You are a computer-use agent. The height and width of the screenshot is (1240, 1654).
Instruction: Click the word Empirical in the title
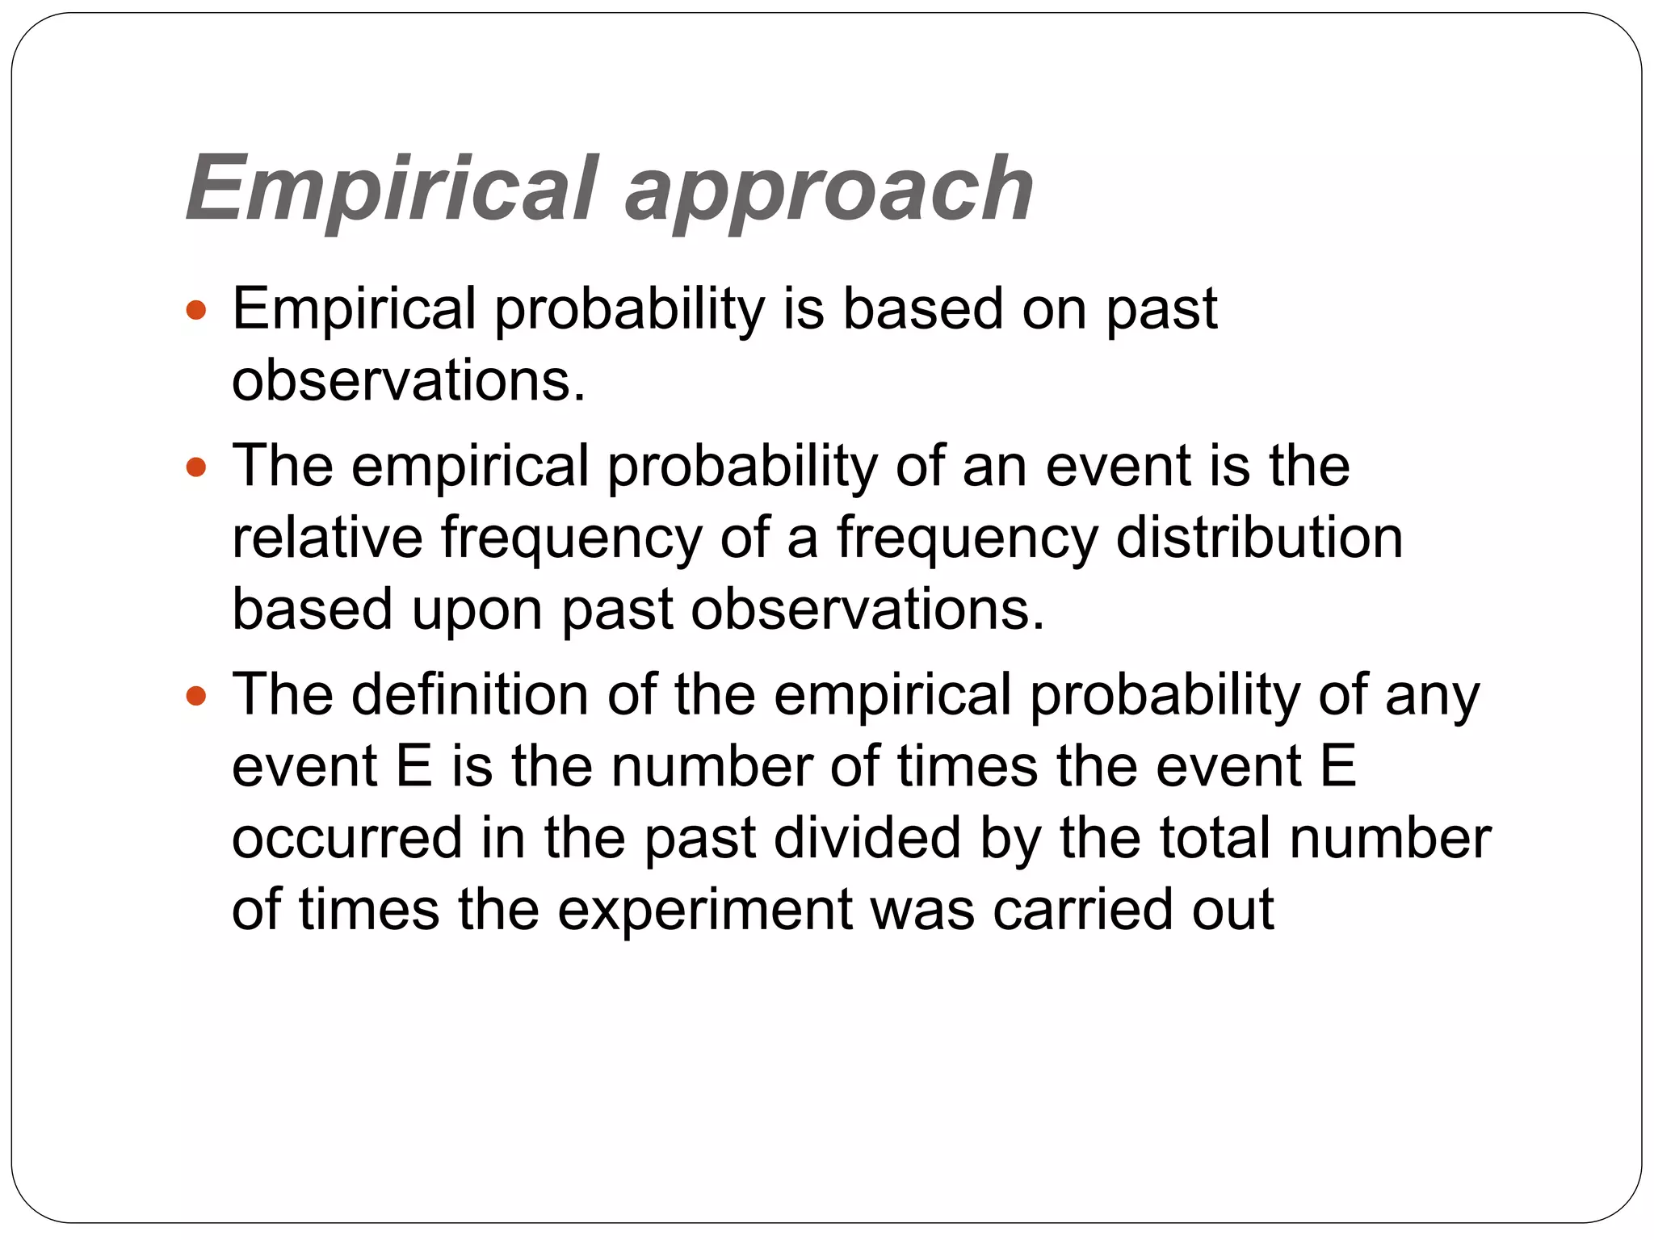(393, 189)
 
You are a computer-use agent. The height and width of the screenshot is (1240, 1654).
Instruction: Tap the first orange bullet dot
(196, 309)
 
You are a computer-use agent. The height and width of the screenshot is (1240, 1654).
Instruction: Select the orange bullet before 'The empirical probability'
(196, 467)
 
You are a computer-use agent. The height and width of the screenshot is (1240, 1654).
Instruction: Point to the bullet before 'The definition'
(196, 695)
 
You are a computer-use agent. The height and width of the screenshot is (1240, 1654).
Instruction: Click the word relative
(327, 538)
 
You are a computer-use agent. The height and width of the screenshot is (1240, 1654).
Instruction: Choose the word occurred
(347, 838)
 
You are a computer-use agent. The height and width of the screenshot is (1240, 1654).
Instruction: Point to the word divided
(867, 838)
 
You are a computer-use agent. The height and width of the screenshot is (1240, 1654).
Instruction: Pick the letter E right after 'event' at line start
(413, 766)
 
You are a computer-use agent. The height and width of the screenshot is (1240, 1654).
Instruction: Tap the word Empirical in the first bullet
(354, 309)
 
